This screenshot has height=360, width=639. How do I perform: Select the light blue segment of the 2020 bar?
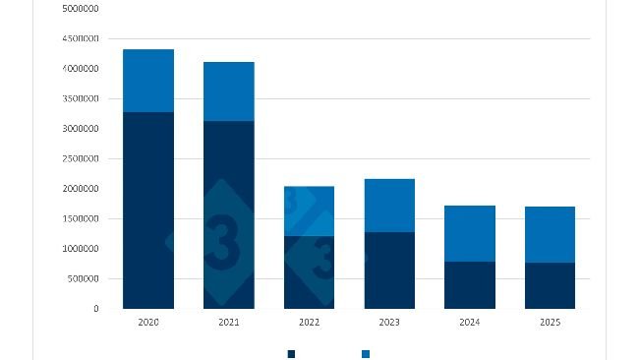click(148, 81)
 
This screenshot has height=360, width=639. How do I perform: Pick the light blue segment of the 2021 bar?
click(229, 91)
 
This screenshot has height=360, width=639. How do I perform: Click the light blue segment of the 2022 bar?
click(310, 210)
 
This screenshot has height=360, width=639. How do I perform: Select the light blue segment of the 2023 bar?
click(389, 206)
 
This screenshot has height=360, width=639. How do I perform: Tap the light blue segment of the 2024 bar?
click(470, 233)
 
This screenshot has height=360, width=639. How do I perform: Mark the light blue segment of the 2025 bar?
click(550, 234)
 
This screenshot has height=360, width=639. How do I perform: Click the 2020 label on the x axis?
click(148, 322)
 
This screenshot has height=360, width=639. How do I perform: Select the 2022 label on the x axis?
click(310, 322)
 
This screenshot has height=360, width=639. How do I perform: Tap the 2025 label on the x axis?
click(550, 322)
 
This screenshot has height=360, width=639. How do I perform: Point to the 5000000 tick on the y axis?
click(80, 8)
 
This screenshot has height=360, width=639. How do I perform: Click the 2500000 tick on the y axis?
click(80, 158)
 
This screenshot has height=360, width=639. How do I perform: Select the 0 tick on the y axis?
click(96, 309)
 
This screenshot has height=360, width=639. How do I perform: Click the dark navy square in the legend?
click(291, 353)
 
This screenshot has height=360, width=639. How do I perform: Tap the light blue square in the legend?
click(366, 353)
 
